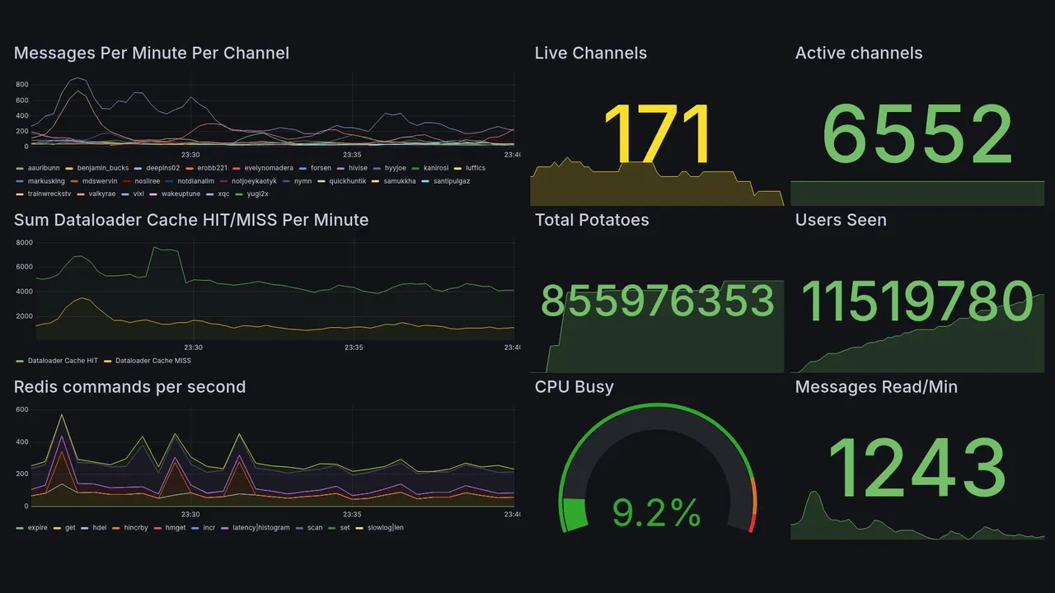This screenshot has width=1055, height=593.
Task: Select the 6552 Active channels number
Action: pyautogui.click(x=917, y=136)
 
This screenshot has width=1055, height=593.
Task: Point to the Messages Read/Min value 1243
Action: pyautogui.click(x=917, y=468)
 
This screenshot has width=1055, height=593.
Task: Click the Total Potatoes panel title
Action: pyautogui.click(x=592, y=220)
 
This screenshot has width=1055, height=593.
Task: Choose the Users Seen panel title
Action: pyautogui.click(x=841, y=220)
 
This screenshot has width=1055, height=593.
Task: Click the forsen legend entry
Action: pyautogui.click(x=321, y=168)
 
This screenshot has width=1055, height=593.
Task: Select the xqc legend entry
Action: pyautogui.click(x=223, y=194)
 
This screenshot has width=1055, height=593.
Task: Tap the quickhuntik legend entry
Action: pyautogui.click(x=347, y=181)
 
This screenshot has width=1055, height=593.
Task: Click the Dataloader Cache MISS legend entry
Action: pyautogui.click(x=152, y=361)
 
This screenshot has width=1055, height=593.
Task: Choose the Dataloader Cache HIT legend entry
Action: pyautogui.click(x=63, y=361)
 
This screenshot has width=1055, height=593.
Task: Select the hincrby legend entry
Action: pyautogui.click(x=135, y=528)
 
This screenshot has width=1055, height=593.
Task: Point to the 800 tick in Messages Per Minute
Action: pyautogui.click(x=21, y=85)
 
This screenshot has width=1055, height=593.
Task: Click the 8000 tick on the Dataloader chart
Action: pyautogui.click(x=24, y=243)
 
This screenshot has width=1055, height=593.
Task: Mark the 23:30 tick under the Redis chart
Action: pyautogui.click(x=190, y=514)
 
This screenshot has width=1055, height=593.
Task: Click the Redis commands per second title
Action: pyautogui.click(x=129, y=387)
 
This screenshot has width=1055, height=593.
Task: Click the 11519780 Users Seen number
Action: pyautogui.click(x=917, y=301)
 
